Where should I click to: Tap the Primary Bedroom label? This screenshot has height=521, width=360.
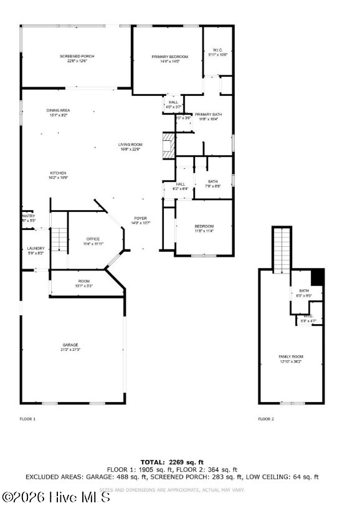coord(169,59)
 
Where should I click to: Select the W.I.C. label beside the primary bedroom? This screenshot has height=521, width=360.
coord(217,52)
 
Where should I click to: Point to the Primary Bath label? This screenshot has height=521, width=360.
coord(208,117)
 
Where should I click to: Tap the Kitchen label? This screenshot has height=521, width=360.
coord(58,175)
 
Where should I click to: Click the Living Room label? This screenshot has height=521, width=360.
coord(130,146)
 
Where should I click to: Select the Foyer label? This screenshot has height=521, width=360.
coord(140,220)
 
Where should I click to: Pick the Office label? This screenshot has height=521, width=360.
coord(93,241)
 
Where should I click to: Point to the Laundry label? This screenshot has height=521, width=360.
coord(36,250)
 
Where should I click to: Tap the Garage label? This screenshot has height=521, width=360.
coord(70,347)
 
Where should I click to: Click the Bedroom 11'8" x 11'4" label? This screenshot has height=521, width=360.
coord(204,228)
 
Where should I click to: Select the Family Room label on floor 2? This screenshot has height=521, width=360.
coord(290,358)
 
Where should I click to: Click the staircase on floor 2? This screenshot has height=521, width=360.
coord(282,249)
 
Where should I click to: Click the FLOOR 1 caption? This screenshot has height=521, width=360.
coord(28,419)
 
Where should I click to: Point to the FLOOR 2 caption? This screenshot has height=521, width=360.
coord(266,419)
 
